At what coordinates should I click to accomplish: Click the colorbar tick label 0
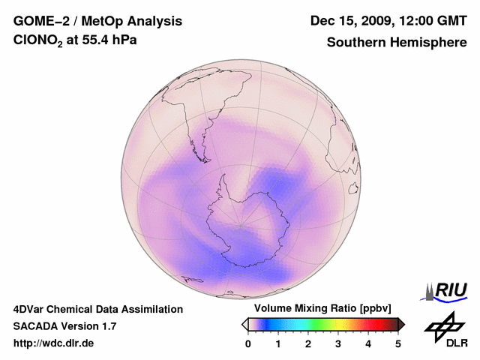[x=248, y=343]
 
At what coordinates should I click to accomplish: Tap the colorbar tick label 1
[x=278, y=343]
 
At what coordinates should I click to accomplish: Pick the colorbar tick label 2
[x=308, y=343]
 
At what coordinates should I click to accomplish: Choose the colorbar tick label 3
[x=338, y=343]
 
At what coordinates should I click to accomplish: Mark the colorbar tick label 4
[x=368, y=343]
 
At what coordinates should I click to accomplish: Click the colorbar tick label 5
[x=398, y=343]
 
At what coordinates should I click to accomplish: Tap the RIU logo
[x=447, y=290]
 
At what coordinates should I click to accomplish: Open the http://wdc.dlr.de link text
[x=54, y=343]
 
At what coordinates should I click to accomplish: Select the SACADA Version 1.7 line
[x=64, y=326]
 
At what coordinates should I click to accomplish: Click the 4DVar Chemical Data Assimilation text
[x=97, y=309]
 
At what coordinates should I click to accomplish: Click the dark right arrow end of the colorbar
[x=401, y=324]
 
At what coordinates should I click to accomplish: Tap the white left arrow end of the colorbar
[x=244, y=324]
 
